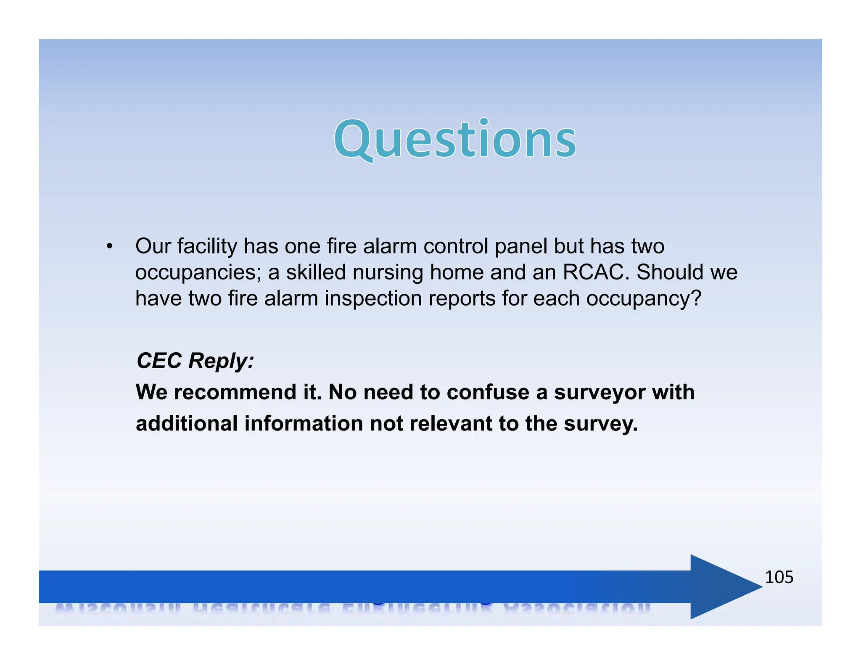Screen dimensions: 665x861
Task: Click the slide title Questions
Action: (455, 139)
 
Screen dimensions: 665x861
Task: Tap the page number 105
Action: (779, 577)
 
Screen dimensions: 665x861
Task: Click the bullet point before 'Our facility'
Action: (110, 246)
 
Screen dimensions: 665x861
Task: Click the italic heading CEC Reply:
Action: (195, 361)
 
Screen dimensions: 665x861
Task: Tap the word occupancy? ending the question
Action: (644, 299)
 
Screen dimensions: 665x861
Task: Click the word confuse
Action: (487, 392)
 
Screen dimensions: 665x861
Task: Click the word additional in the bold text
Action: (187, 423)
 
